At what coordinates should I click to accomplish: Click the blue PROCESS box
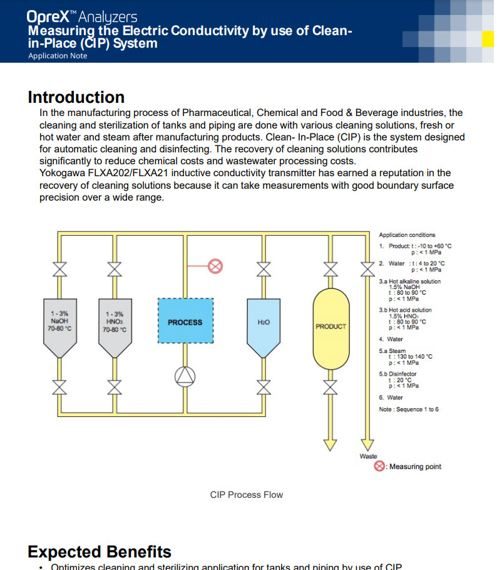(185, 321)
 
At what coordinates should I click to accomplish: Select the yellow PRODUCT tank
(330, 326)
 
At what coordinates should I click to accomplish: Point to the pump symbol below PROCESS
(185, 375)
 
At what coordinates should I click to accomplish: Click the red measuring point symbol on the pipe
(215, 266)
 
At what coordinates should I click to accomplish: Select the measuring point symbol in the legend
(379, 467)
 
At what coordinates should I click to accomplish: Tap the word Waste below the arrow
(368, 456)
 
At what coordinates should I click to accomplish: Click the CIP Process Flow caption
(246, 495)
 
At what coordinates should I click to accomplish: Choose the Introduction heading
(76, 97)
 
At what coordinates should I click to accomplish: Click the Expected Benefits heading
(99, 552)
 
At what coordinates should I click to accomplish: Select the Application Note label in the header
(58, 56)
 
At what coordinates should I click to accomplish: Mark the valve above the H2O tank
(264, 268)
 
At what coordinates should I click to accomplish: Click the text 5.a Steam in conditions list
(393, 351)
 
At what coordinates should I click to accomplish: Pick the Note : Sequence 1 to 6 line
(409, 409)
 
